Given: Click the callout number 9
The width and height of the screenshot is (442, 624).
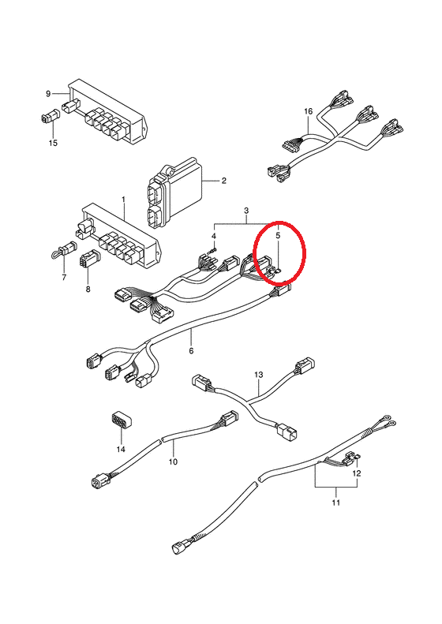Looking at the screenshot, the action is coord(48,94).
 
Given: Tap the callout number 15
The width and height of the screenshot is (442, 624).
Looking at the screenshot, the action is coord(53,144).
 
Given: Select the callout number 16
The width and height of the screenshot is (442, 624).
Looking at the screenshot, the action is coord(309,111).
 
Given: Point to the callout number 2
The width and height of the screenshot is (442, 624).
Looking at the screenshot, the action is coord(224,181).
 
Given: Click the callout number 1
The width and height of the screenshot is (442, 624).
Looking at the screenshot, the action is coord(123,199).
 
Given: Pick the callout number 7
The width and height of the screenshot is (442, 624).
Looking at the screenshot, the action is coord(64,278).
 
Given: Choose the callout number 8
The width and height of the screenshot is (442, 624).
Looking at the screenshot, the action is coord(88,289).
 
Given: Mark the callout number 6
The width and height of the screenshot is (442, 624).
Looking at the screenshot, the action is coord(191,350).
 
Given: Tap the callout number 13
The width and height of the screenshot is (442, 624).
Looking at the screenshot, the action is coord(259,375).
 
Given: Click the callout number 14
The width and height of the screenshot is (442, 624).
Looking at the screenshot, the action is coord(121,449).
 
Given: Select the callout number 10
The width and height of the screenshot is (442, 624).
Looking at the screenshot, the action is coord(173,461).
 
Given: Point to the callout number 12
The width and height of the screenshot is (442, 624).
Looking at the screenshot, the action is coord(357,473).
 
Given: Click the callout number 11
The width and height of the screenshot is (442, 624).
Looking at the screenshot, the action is coord(336,503).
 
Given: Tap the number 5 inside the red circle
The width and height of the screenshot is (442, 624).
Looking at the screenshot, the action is coord(278,236).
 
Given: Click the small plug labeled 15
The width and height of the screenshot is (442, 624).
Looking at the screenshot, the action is coord(51,117).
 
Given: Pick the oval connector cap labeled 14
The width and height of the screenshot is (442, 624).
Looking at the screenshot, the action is coord(121,421).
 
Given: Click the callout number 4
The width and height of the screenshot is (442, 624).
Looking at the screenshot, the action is coord(214,237).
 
